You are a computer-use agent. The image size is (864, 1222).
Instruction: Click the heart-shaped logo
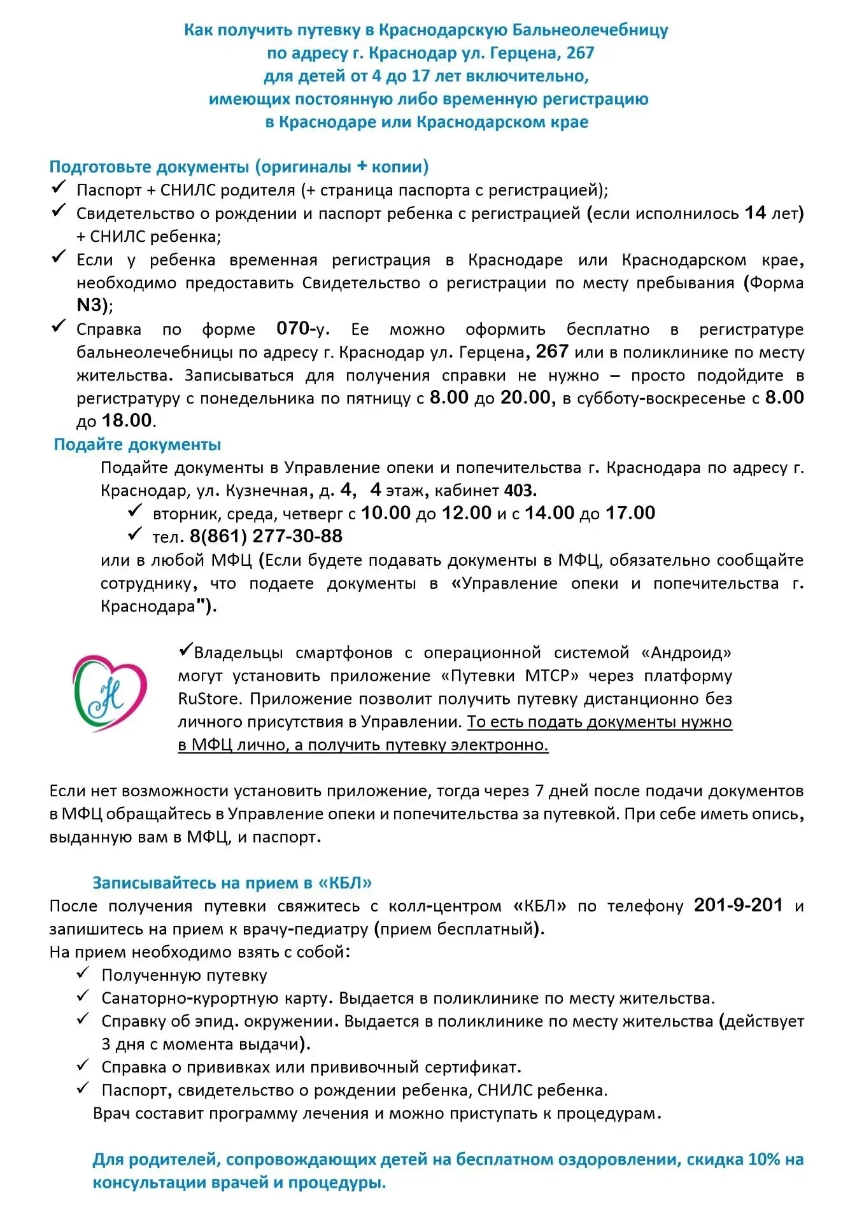[x=110, y=693]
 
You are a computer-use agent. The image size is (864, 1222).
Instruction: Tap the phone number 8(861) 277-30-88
[x=266, y=537]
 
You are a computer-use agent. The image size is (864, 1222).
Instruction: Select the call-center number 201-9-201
[x=738, y=905]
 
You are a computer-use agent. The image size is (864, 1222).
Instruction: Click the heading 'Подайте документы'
[x=137, y=444]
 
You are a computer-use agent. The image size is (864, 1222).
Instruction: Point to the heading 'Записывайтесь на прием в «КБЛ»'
[x=232, y=883]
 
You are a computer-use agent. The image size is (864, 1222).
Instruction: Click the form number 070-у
[x=302, y=329]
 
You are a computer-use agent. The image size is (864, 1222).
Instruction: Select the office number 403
[x=520, y=490]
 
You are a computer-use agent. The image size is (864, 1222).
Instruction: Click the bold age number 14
[x=755, y=213]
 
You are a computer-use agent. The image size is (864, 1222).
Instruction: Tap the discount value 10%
[x=764, y=1160]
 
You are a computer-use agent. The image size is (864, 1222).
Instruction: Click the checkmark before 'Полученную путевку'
[x=83, y=973]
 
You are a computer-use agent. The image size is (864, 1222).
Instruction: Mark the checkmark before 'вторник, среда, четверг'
[x=135, y=511]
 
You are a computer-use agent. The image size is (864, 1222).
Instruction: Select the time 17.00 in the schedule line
[x=630, y=513]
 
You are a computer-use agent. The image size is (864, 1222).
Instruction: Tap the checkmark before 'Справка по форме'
[x=59, y=327]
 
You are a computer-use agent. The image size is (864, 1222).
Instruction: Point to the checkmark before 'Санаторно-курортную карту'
[x=83, y=996]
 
